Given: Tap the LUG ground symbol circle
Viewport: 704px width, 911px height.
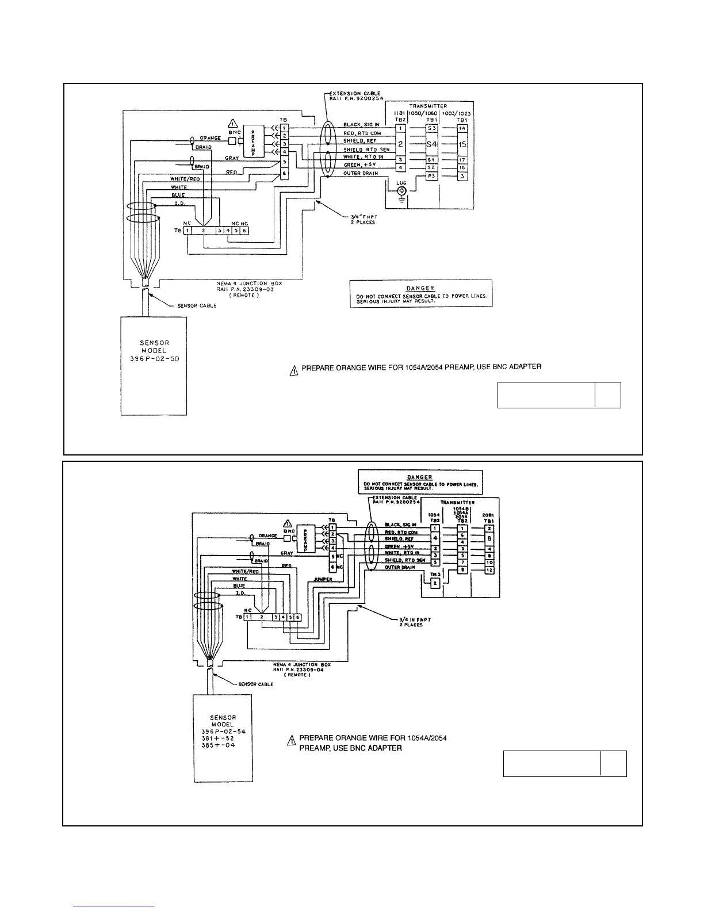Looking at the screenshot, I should tap(401, 190).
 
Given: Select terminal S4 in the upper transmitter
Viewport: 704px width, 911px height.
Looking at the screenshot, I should tap(431, 144).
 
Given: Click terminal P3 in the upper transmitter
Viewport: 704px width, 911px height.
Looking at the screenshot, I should tap(431, 176).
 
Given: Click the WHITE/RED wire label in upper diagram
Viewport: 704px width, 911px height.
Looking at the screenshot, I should tap(185, 179).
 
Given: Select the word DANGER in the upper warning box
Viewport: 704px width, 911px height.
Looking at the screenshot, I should tap(420, 288).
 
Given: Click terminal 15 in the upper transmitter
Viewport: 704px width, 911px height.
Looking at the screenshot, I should tap(462, 144).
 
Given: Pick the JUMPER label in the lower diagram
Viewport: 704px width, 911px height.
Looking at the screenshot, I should tap(323, 579).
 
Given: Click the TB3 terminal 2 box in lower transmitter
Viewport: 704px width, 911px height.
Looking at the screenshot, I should tap(435, 583).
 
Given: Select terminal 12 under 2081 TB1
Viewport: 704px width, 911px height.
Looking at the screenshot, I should tap(489, 570).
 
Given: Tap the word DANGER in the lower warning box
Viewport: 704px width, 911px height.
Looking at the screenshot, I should tap(420, 477).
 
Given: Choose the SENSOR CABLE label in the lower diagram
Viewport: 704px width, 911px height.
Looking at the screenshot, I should tap(255, 684).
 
